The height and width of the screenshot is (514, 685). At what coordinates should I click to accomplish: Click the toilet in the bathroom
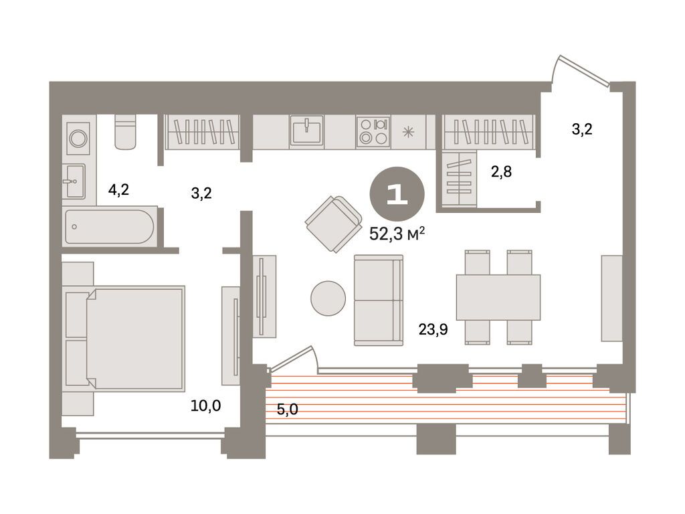pyautogui.click(x=125, y=132)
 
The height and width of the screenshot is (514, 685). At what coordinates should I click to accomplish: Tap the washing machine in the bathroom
pyautogui.click(x=78, y=138)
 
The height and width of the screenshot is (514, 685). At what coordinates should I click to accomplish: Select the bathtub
pyautogui.click(x=109, y=226)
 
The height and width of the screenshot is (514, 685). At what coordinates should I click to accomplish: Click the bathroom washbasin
pyautogui.click(x=74, y=181)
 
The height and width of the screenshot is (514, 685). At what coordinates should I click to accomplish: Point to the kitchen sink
pyautogui.click(x=306, y=130)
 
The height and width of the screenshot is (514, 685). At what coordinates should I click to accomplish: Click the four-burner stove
pyautogui.click(x=373, y=131)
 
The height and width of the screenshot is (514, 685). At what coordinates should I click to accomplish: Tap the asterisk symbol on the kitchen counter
pyautogui.click(x=408, y=132)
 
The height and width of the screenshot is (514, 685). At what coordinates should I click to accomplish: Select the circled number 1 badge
pyautogui.click(x=397, y=193)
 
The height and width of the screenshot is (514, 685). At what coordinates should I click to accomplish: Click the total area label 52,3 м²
pyautogui.click(x=397, y=234)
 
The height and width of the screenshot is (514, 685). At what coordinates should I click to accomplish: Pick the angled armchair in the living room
pyautogui.click(x=334, y=224)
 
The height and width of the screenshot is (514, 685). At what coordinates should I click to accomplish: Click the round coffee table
pyautogui.click(x=328, y=298)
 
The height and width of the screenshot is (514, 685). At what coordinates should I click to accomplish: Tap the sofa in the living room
pyautogui.click(x=379, y=301)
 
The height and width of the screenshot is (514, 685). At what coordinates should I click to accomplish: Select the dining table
pyautogui.click(x=498, y=297)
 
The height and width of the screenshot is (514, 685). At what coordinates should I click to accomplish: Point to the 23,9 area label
pyautogui.click(x=433, y=329)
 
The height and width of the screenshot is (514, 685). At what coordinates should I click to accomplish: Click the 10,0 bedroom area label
pyautogui.click(x=206, y=406)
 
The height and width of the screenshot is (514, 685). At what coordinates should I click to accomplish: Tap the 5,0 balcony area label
pyautogui.click(x=288, y=409)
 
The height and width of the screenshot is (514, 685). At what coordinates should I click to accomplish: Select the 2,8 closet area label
pyautogui.click(x=501, y=172)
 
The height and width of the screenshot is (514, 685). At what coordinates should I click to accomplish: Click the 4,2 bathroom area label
pyautogui.click(x=119, y=189)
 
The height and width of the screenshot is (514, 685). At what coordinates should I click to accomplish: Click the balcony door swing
pyautogui.click(x=293, y=359)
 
